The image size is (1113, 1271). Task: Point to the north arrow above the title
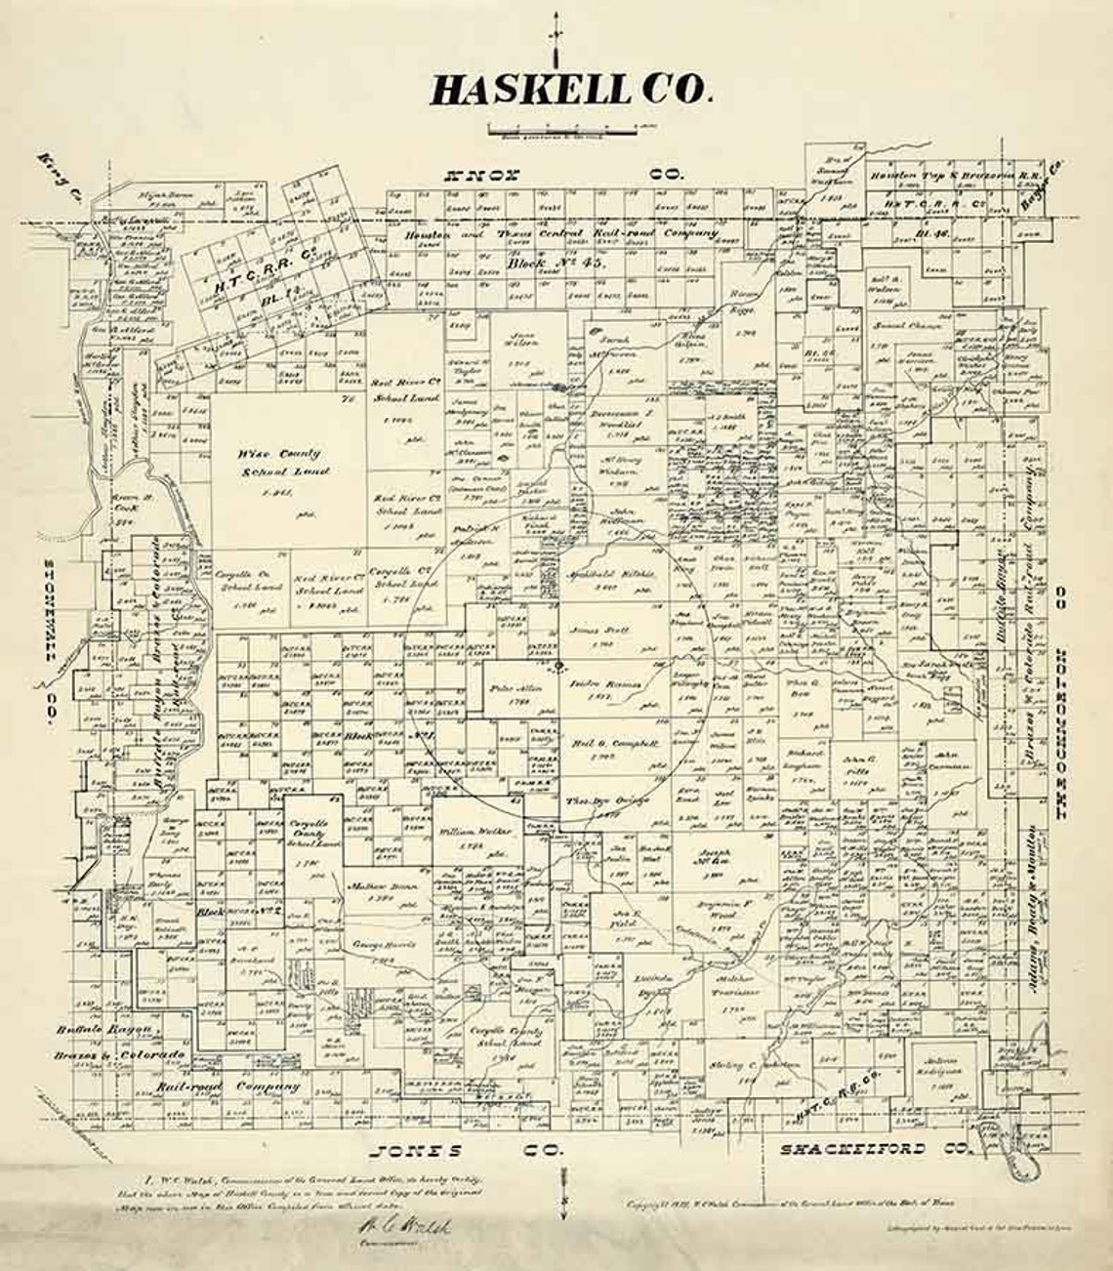click(556, 35)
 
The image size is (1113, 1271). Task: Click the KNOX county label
click(484, 176)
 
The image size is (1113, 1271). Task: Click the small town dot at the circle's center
click(557, 667)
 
